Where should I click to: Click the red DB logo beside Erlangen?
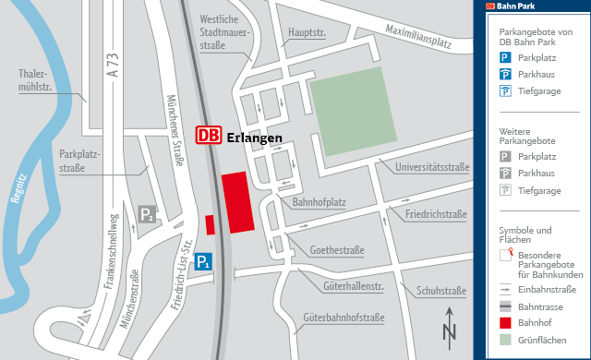click(x=208, y=136)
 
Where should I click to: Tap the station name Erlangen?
click(x=254, y=137)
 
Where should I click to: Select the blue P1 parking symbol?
click(x=203, y=262)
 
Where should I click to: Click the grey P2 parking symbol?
click(x=147, y=215)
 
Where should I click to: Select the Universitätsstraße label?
click(x=431, y=168)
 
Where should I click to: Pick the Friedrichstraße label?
click(x=435, y=213)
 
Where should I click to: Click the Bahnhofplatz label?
click(x=319, y=201)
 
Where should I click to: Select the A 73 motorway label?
click(x=114, y=68)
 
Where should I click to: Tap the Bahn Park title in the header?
click(x=518, y=6)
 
